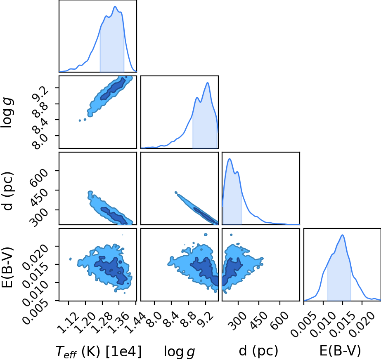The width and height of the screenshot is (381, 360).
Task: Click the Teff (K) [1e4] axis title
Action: [98, 351]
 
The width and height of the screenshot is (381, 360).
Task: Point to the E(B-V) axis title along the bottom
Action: [340, 351]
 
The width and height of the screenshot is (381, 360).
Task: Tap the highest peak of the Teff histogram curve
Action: [115, 6]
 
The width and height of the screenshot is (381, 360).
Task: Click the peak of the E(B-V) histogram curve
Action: [342, 235]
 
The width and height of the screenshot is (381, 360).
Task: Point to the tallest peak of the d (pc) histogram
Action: [230, 159]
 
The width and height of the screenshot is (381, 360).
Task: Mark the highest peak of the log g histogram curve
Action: [207, 82]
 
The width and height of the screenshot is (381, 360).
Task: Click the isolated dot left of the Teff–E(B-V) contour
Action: [71, 259]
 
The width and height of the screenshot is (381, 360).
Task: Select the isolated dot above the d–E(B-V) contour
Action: [231, 235]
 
